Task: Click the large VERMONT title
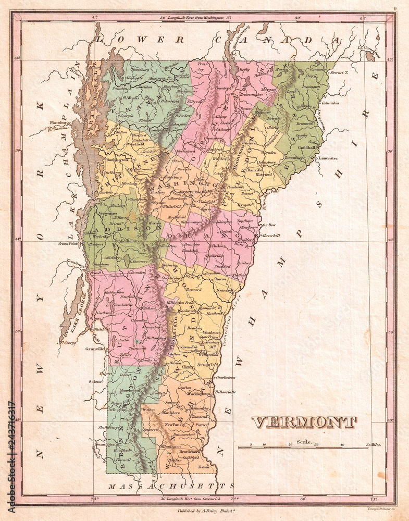pyautogui.click(x=304, y=421)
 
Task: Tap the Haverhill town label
pyautogui.click(x=270, y=235)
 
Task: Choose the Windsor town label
pyautogui.click(x=210, y=332)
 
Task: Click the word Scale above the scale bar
pyautogui.click(x=304, y=442)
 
